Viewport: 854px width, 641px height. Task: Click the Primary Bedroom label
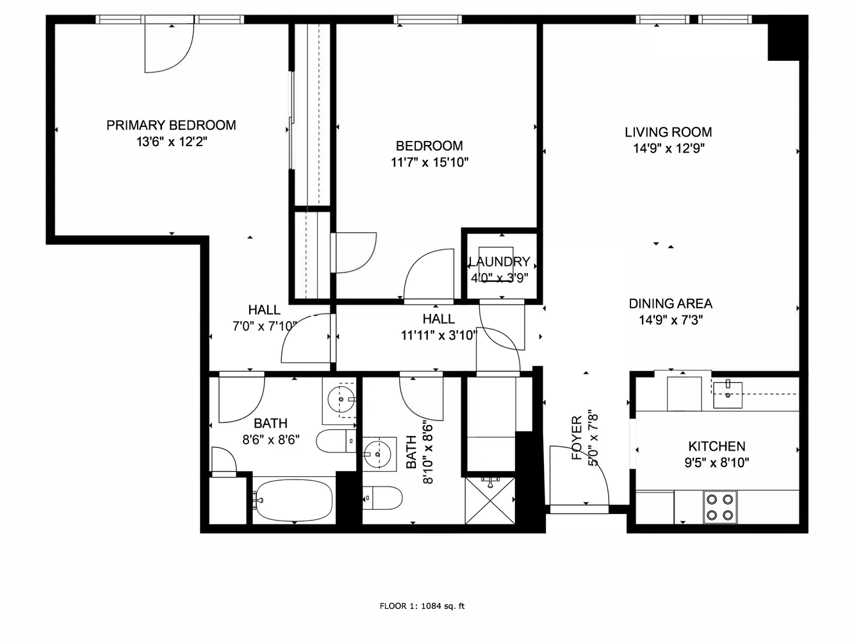pyautogui.click(x=171, y=125)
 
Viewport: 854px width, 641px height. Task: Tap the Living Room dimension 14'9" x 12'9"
pyautogui.click(x=668, y=149)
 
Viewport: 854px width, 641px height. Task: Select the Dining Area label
pyautogui.click(x=670, y=304)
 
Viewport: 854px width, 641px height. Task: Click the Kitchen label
pyautogui.click(x=716, y=446)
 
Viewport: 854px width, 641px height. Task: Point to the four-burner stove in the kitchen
pyautogui.click(x=719, y=506)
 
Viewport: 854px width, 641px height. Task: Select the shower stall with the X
pyautogui.click(x=490, y=499)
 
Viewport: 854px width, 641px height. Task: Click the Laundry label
pyautogui.click(x=499, y=262)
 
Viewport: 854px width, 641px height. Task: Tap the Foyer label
pyautogui.click(x=577, y=438)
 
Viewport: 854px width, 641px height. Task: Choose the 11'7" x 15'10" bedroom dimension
pyautogui.click(x=429, y=163)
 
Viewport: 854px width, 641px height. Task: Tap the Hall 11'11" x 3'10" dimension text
pyautogui.click(x=439, y=335)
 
